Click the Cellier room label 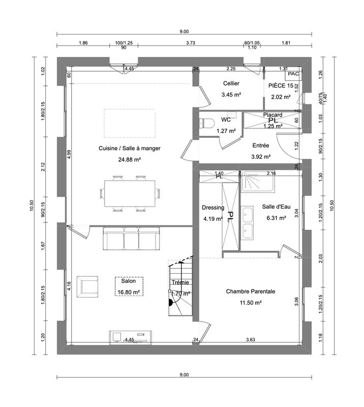coord(231,83)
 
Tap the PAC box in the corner coord(293,74)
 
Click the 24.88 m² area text coord(130,159)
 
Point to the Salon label coord(129,281)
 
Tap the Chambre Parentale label coord(251,292)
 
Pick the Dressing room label coord(213,208)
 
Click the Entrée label coord(261,145)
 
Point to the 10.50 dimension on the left coord(32,206)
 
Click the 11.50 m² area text coord(251,303)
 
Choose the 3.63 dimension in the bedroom coord(251,339)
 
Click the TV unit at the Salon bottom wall coord(131,336)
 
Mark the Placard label coord(272,115)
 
